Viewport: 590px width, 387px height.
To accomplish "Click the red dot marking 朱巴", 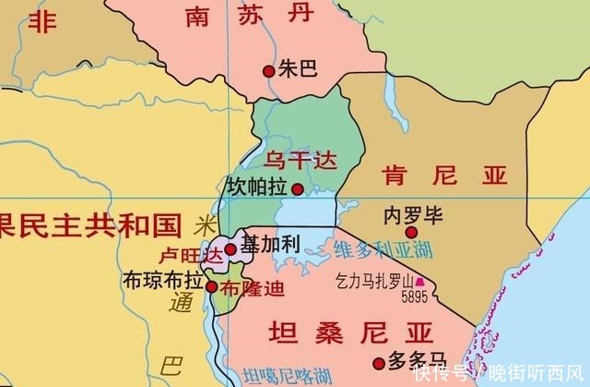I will click(268, 70).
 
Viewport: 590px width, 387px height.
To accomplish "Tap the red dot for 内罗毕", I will click(411, 232).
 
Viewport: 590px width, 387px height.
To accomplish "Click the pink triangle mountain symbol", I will click(420, 281).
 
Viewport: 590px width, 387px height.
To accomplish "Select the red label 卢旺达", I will click(192, 252).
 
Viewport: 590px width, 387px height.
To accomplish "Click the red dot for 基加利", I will click(230, 248).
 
